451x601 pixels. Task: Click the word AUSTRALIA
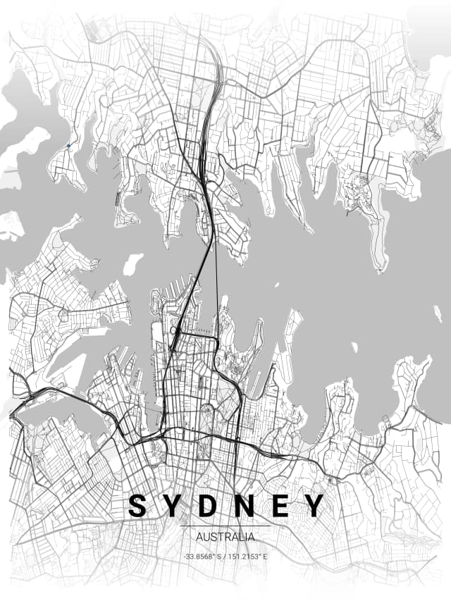click(x=225, y=537)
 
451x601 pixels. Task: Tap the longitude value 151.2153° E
click(x=247, y=557)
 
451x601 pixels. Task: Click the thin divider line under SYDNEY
click(x=225, y=526)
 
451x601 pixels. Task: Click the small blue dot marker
click(x=68, y=146)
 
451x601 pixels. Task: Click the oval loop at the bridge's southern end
click(x=174, y=330)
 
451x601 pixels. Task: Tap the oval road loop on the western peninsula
click(x=63, y=315)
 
